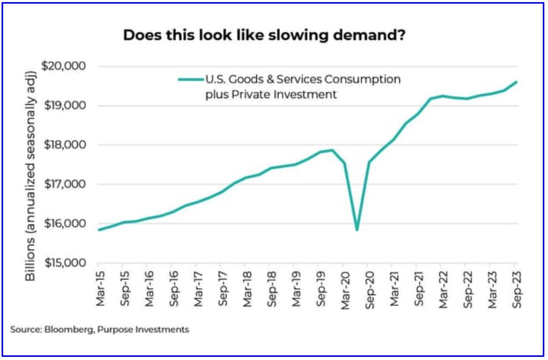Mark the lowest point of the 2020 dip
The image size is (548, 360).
pos(357,229)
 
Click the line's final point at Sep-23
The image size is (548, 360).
pos(517,82)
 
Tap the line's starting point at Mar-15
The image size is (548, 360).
pos(98,230)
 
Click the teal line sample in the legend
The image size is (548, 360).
pos(190,80)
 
